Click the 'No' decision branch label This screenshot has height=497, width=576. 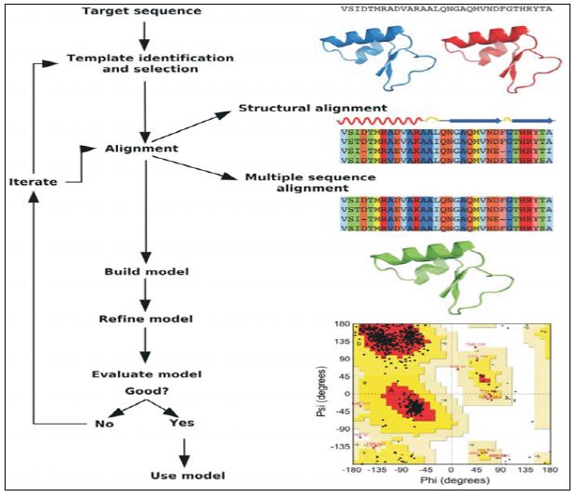pyautogui.click(x=105, y=423)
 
